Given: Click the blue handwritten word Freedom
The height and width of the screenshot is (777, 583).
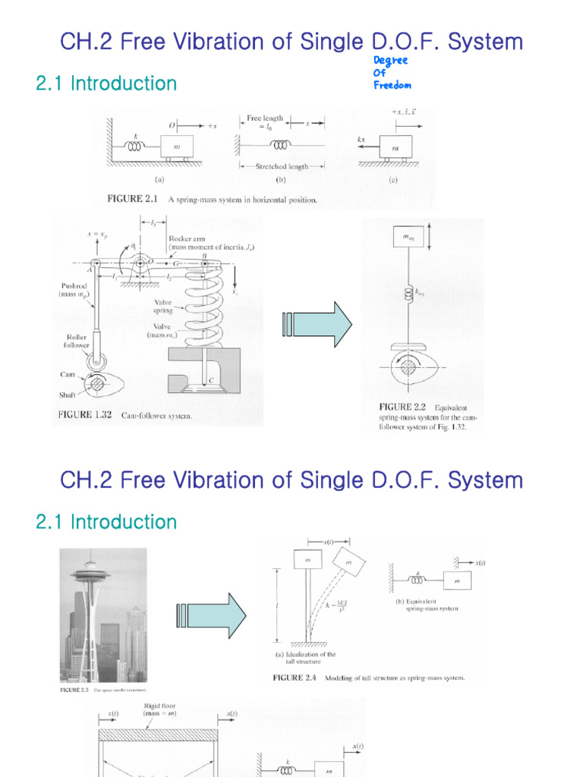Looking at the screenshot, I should tap(392, 85).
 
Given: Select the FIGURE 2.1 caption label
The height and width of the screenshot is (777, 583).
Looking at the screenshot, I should tap(134, 201).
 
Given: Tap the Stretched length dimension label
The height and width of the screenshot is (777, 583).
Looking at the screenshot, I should tap(282, 166).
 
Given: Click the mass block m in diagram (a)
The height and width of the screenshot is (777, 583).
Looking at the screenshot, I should tap(176, 146).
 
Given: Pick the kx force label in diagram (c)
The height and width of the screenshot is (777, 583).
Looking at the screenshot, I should tap(362, 140).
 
